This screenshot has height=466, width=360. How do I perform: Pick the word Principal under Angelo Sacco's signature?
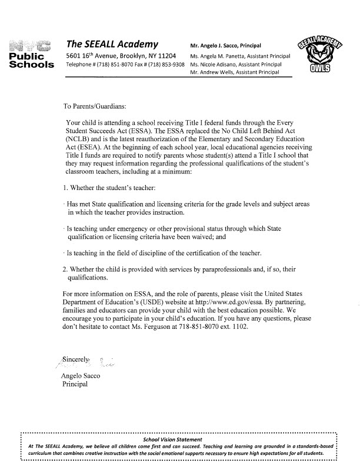(75, 384)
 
